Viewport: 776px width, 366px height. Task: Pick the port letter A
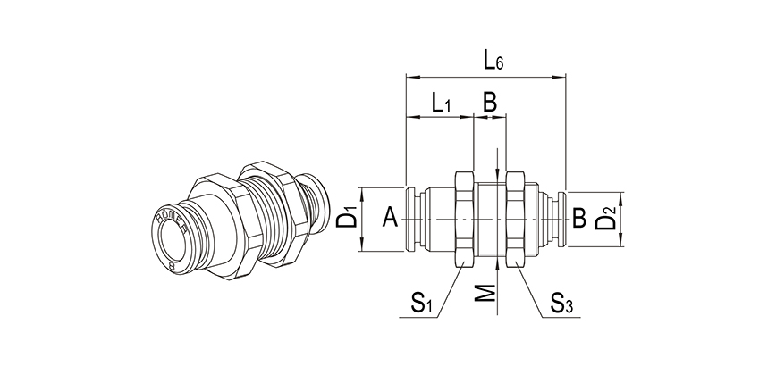coord(389,217)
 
